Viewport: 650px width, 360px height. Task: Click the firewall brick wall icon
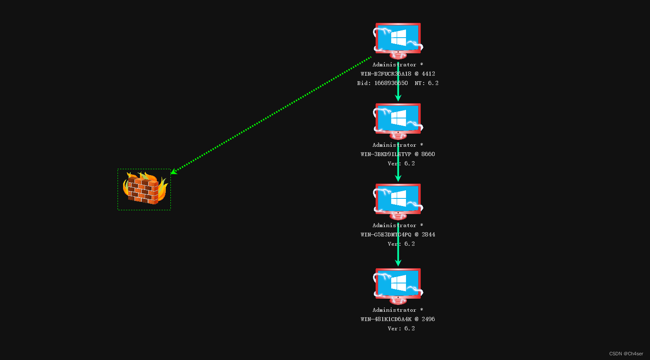click(144, 189)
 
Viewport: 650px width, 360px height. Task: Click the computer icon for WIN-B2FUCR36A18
click(398, 39)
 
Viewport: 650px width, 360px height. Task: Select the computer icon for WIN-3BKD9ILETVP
click(398, 120)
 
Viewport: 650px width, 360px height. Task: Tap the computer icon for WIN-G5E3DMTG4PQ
click(398, 200)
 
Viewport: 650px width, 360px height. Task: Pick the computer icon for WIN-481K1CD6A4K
click(398, 285)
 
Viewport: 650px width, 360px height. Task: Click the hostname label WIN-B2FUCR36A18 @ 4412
click(398, 74)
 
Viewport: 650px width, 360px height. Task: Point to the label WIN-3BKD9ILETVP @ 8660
click(398, 154)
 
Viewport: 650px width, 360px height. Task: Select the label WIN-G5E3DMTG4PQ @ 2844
click(398, 234)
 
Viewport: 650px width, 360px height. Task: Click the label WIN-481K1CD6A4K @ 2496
click(398, 319)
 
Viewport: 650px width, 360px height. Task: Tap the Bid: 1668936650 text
click(382, 83)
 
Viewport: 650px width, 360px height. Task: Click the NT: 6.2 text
click(426, 83)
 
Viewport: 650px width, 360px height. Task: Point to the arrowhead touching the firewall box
click(173, 172)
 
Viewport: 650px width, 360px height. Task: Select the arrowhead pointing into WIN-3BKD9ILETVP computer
click(398, 98)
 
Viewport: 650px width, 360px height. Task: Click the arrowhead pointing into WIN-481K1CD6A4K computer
click(398, 263)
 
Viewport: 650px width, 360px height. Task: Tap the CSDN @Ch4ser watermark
click(626, 354)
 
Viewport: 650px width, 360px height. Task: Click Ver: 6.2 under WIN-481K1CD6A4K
click(401, 328)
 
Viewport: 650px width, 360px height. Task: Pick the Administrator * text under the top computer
click(398, 65)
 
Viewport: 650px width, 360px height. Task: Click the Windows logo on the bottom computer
click(398, 283)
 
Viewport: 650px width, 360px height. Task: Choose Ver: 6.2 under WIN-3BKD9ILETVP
click(401, 163)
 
